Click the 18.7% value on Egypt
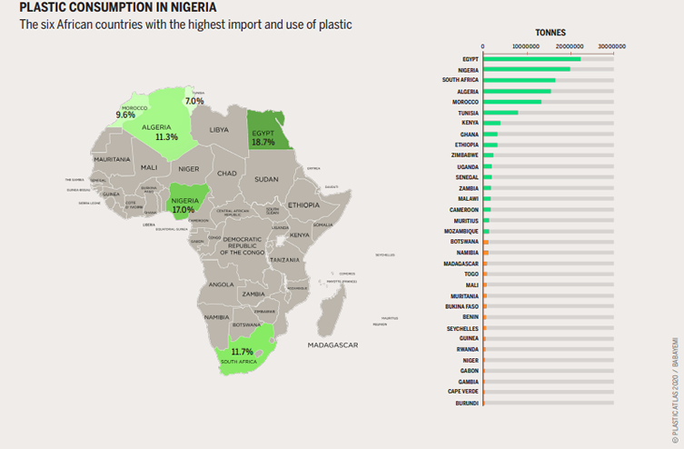[263, 143]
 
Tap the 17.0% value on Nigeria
[186, 208]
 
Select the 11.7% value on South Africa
[243, 352]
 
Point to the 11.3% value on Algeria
[166, 137]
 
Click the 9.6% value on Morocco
[125, 115]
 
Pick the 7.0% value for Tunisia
[194, 101]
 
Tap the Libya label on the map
[219, 130]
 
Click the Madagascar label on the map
[332, 344]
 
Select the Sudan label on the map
[266, 179]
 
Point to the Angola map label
[222, 284]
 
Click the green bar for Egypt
[531, 59]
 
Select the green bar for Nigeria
[527, 69]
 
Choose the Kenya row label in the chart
[470, 123]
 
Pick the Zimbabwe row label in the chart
[465, 155]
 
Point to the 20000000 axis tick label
[569, 46]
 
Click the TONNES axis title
[550, 32]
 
